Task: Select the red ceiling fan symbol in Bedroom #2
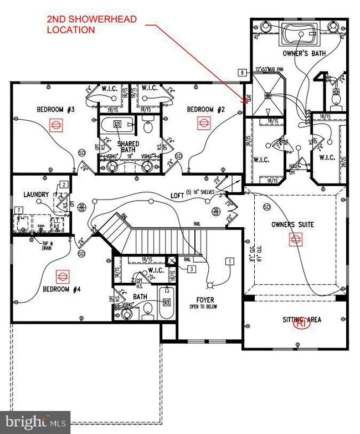click(198, 124)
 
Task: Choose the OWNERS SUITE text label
click(292, 225)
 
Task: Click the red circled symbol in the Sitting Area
click(301, 325)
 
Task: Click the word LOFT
click(177, 195)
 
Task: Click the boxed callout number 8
click(242, 72)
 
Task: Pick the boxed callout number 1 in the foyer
click(228, 260)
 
